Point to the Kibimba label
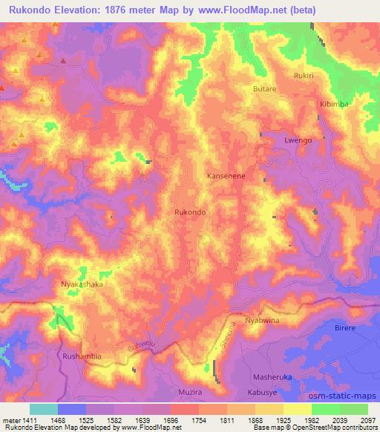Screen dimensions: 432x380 point(334,104)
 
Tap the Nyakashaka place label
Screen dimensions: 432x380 point(82,284)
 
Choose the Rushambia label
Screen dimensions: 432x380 point(82,356)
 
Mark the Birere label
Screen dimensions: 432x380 point(346,327)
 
